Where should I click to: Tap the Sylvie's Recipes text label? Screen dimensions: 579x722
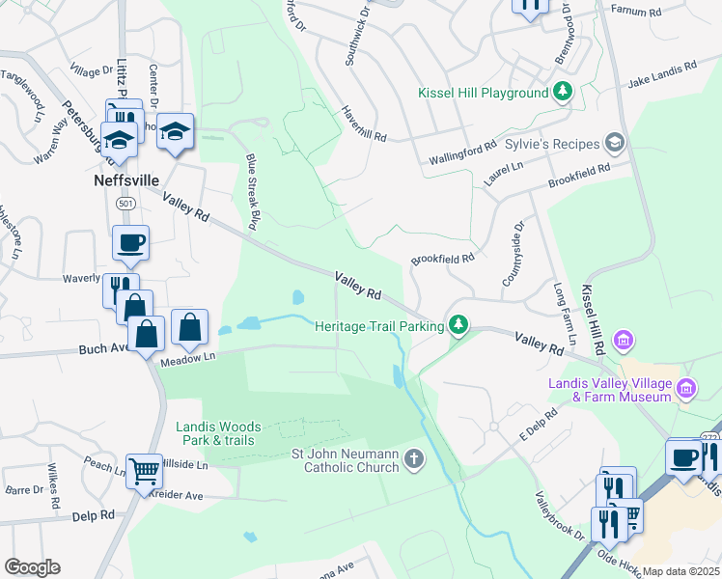[553, 144]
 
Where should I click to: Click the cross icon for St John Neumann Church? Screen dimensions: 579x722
[414, 458]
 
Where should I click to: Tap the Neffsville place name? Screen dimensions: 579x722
[125, 180]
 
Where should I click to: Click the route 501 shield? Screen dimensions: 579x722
[125, 204]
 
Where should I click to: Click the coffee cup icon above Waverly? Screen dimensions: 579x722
[130, 242]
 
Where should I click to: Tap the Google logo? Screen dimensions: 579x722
[32, 567]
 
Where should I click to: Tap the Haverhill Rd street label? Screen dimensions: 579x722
[363, 124]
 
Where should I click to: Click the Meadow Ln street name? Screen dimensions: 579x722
[187, 360]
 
